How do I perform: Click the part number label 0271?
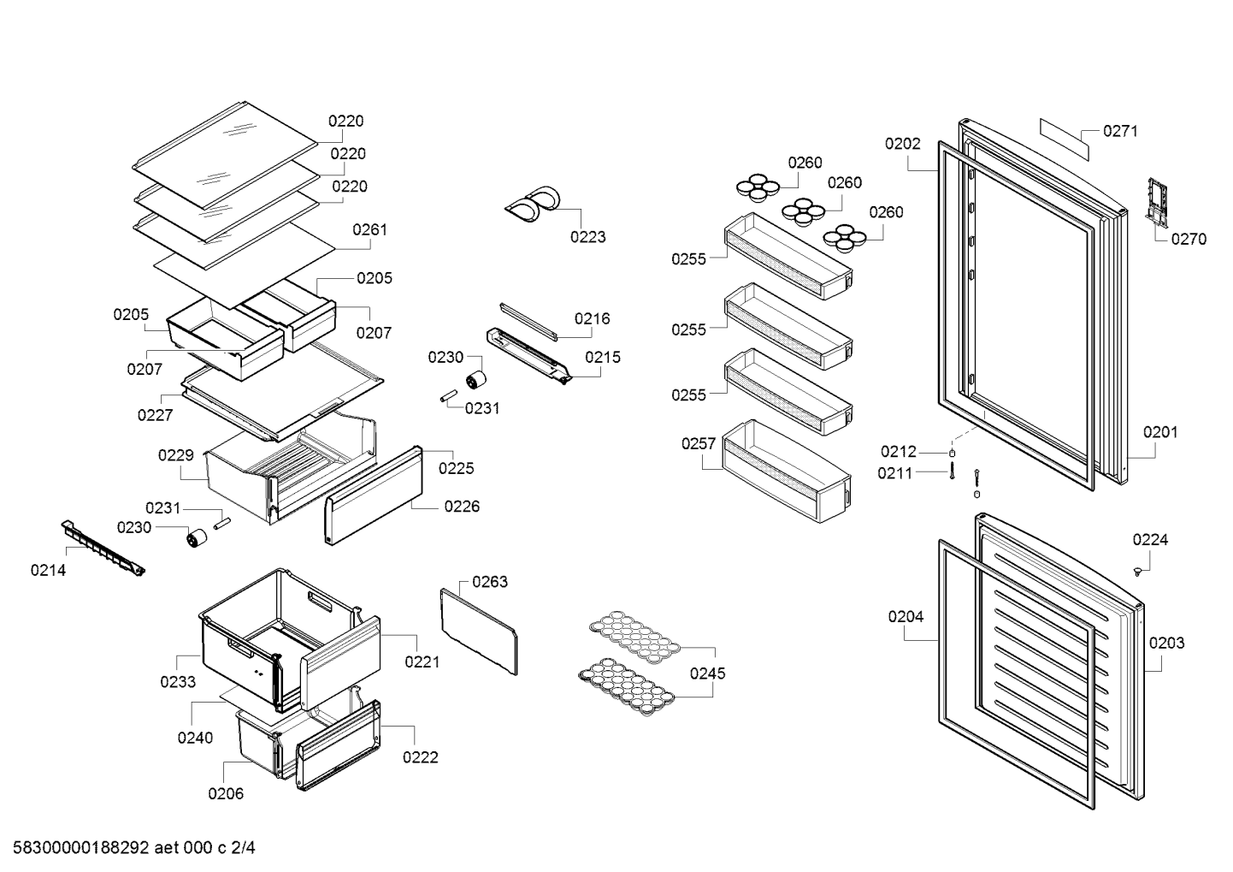(x=1120, y=131)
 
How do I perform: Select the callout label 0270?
(x=1189, y=239)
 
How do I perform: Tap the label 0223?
(x=588, y=237)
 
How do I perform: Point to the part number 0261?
(x=370, y=229)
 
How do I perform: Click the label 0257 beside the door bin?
(x=699, y=443)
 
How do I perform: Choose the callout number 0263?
(x=490, y=582)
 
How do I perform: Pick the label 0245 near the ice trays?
(x=708, y=673)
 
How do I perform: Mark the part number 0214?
(x=49, y=570)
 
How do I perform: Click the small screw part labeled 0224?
(x=1137, y=572)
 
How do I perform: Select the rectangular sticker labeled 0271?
(x=1065, y=139)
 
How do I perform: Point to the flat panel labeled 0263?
(x=479, y=632)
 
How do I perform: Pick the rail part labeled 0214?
(x=103, y=548)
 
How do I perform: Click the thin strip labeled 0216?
(x=529, y=321)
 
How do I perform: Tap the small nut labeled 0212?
(x=953, y=454)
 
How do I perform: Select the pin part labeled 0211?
(x=952, y=471)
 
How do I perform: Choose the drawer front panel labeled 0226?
(x=374, y=495)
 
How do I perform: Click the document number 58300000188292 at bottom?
(x=81, y=848)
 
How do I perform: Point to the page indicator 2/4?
(x=243, y=848)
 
